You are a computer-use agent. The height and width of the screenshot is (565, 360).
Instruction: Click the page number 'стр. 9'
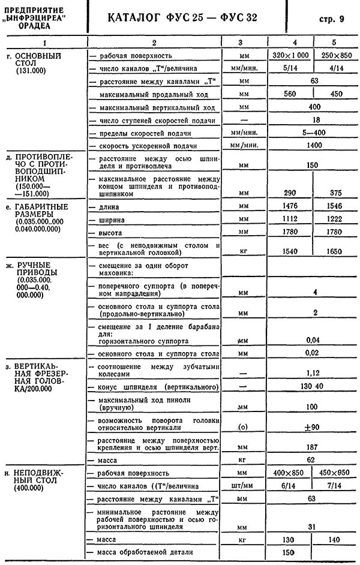332,19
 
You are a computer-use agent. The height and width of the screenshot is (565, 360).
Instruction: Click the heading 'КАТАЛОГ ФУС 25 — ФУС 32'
175,18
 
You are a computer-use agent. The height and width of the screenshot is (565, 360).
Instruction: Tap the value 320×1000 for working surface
291,55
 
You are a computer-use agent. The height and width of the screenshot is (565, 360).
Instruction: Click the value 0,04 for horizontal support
311,340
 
